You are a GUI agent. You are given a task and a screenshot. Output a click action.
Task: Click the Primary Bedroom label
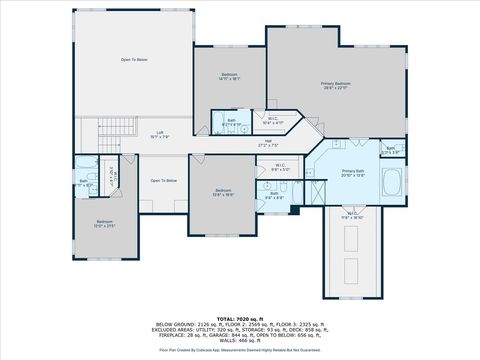pyautogui.click(x=334, y=86)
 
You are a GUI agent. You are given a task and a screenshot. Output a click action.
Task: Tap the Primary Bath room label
pyautogui.click(x=353, y=172)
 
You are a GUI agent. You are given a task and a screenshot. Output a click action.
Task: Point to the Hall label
pyautogui.click(x=268, y=143)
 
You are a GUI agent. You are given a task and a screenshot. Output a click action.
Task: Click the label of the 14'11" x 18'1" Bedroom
pyautogui.click(x=229, y=77)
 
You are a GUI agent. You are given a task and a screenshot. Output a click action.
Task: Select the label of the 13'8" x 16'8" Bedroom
pyautogui.click(x=223, y=192)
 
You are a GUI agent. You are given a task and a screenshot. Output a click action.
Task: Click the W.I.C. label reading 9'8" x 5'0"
pyautogui.click(x=280, y=168)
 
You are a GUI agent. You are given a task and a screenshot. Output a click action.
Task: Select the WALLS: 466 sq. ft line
pyautogui.click(x=241, y=338)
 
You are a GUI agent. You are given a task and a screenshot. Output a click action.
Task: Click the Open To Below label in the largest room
pyautogui.click(x=135, y=61)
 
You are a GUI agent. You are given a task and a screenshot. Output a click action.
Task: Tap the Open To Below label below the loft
pyautogui.click(x=164, y=181)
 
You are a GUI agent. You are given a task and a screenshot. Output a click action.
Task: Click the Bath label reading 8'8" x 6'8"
pyautogui.click(x=273, y=195)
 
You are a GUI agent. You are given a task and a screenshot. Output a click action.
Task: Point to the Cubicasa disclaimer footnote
pyautogui.click(x=241, y=350)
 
